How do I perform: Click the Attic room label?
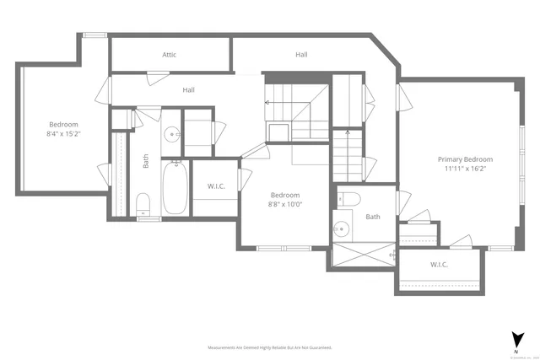pos(170,55)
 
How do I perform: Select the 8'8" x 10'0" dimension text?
pos(285,203)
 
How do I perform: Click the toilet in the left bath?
pos(143,203)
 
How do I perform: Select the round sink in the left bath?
pos(171,132)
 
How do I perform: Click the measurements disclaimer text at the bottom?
pos(270,347)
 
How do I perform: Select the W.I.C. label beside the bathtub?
pos(216,186)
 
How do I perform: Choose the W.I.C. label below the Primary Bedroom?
pos(439,265)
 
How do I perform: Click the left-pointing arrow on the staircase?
pos(268,102)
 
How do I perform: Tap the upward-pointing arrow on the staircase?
pos(347,133)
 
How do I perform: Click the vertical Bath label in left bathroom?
pos(146,160)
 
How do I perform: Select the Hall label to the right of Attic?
pos(301,55)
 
